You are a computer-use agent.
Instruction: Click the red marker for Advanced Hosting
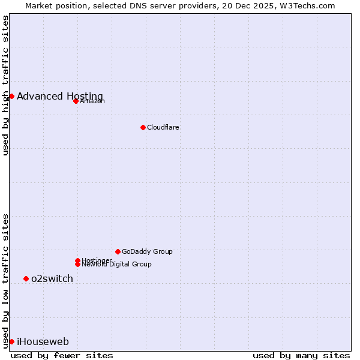point(11,96)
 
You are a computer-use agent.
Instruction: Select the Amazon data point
point(76,101)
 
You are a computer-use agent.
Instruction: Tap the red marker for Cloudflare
point(143,127)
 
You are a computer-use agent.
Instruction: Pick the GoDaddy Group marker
point(118,251)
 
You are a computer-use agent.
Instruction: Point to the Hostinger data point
point(77,260)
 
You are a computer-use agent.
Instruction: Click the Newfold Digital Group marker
point(77,264)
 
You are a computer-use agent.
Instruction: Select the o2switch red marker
point(26,278)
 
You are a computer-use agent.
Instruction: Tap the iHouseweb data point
point(11,341)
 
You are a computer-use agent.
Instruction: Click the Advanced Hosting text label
point(60,96)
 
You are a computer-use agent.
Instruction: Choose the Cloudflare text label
point(163,127)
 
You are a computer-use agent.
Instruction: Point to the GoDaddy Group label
point(147,251)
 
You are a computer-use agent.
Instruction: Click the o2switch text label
point(52,278)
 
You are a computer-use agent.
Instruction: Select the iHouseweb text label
point(43,341)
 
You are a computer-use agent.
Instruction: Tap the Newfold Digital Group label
point(116,264)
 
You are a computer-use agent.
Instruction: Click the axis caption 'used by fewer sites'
point(62,355)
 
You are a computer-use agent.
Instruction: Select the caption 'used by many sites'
point(301,355)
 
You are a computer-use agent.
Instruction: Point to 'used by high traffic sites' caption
point(5,85)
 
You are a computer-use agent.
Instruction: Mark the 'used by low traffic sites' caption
point(5,280)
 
